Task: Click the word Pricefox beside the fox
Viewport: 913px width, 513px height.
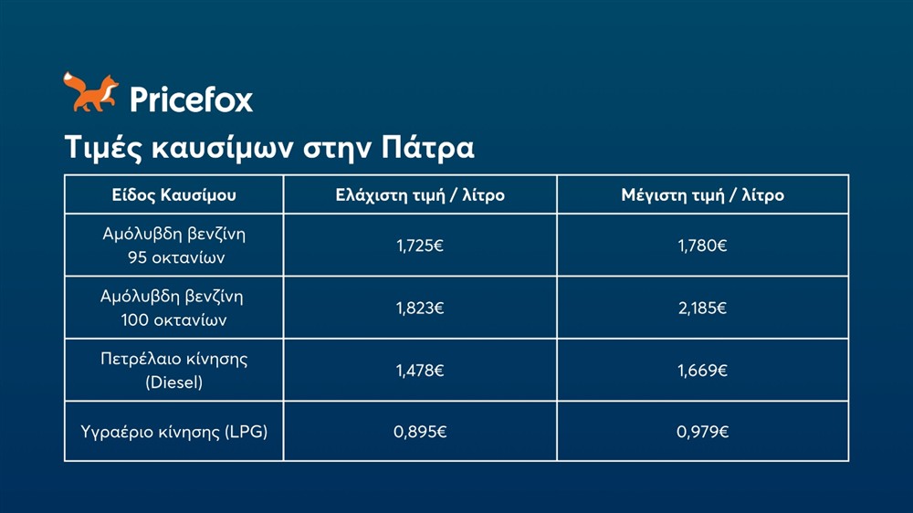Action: point(191,99)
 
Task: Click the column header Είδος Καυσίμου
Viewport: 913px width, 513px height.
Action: point(173,195)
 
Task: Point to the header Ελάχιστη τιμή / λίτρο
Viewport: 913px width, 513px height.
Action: point(420,195)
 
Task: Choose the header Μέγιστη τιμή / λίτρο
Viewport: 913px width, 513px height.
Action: point(702,195)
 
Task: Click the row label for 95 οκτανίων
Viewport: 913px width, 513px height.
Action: point(173,246)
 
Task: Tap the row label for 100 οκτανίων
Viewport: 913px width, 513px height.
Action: point(173,309)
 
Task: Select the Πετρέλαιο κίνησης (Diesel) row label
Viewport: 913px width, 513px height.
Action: point(173,371)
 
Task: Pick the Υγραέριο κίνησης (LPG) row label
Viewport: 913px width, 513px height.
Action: point(173,432)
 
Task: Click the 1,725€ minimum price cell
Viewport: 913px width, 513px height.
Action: point(420,246)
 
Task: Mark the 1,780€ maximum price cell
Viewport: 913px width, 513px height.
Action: point(702,246)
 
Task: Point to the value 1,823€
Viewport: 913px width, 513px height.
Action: point(420,309)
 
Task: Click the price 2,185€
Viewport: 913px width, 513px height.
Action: point(702,309)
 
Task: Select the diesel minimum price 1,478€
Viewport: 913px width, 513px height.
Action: point(420,371)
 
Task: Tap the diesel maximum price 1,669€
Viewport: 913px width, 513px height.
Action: point(702,371)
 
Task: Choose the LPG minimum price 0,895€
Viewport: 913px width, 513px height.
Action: point(420,432)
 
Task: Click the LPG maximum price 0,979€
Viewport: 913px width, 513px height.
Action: point(702,432)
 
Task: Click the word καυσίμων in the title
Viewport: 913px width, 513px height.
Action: point(216,148)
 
